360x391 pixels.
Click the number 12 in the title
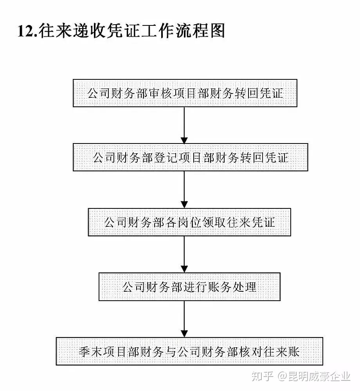25,31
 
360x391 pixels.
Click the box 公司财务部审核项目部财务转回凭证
185,93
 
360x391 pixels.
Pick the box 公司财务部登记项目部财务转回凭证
190,157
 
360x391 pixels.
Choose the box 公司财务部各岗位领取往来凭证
189,222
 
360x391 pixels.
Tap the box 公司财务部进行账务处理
189,287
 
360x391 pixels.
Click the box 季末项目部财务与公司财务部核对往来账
189,352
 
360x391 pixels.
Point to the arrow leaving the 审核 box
184,125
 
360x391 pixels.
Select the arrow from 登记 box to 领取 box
184,190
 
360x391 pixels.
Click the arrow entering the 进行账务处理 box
184,255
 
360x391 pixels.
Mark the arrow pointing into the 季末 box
184,319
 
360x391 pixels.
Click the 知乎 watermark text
262,376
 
